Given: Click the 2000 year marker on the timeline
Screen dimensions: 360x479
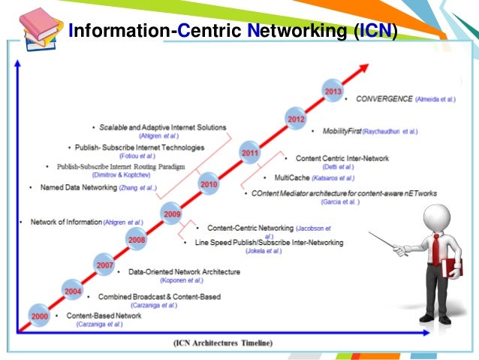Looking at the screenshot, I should pos(39,316).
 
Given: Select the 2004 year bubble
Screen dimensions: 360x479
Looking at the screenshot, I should pos(72,291).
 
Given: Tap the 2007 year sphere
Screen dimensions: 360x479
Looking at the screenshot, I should pos(104,265).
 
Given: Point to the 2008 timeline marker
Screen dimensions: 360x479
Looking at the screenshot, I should pos(137,241).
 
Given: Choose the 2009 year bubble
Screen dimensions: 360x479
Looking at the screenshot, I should pos(172,214).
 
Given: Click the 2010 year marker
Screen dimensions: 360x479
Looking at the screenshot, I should pos(209,183).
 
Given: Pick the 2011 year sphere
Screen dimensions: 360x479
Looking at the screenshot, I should pos(250,153).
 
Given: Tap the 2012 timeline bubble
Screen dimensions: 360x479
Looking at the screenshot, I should pos(295,118).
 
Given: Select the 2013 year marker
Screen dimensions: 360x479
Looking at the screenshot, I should pos(333,91).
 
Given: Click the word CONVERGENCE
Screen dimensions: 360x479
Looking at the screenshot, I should pos(384,98).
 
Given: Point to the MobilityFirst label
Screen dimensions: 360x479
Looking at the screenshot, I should pos(342,131).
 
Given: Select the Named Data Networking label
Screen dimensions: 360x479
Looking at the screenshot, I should pos(77,187).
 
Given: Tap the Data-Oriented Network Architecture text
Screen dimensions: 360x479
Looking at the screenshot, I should pos(184,271).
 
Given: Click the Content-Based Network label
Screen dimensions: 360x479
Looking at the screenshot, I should pos(104,316).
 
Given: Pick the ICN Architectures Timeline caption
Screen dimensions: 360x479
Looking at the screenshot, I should pos(221,343).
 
